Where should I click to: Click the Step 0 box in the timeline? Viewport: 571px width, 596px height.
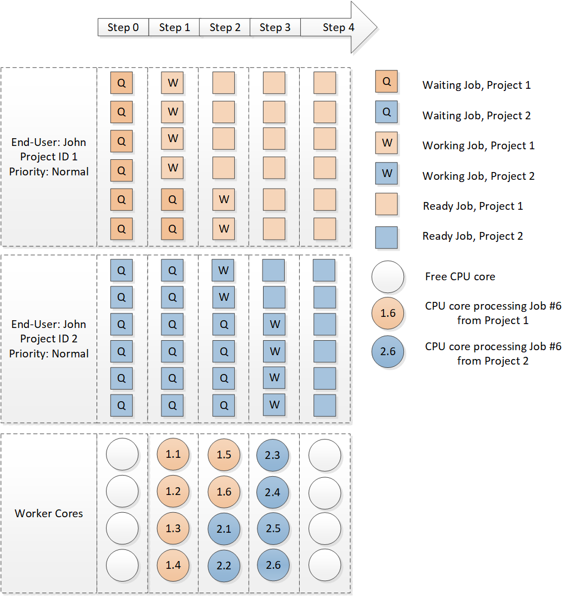pyautogui.click(x=123, y=28)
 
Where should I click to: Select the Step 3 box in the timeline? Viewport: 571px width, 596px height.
pyautogui.click(x=275, y=28)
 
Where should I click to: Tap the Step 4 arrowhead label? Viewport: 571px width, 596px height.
pyautogui.click(x=338, y=28)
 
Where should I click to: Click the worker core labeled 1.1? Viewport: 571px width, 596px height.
pyautogui.click(x=173, y=454)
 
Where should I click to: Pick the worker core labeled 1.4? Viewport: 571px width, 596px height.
pyautogui.click(x=173, y=565)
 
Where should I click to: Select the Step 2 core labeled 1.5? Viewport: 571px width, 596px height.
pyautogui.click(x=224, y=454)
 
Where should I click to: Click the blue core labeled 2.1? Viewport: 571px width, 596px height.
pyautogui.click(x=224, y=528)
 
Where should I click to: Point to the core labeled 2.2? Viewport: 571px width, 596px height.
pyautogui.click(x=224, y=565)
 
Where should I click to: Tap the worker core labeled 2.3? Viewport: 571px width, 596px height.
pyautogui.click(x=273, y=454)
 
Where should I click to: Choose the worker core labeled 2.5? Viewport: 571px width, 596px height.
pyautogui.click(x=273, y=528)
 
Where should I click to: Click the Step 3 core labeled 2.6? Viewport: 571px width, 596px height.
pyautogui.click(x=273, y=565)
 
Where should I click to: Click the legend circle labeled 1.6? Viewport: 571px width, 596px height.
pyautogui.click(x=388, y=314)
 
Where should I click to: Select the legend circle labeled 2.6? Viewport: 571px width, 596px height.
pyautogui.click(x=388, y=351)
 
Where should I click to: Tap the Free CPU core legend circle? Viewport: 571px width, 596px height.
pyautogui.click(x=388, y=276)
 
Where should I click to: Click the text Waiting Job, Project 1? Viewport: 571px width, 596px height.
pyautogui.click(x=477, y=85)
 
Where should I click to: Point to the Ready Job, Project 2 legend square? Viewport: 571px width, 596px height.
pyautogui.click(x=387, y=236)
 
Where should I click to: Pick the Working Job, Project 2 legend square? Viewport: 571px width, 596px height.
pyautogui.click(x=387, y=174)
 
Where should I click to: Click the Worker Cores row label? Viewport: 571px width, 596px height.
pyautogui.click(x=49, y=513)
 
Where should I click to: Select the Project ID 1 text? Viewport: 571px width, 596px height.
pyautogui.click(x=49, y=157)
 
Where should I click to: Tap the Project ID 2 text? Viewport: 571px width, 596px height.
pyautogui.click(x=49, y=339)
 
